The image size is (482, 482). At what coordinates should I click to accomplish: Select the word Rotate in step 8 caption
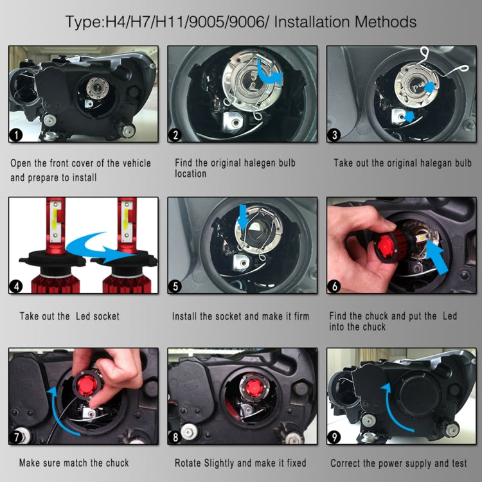click(190, 463)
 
